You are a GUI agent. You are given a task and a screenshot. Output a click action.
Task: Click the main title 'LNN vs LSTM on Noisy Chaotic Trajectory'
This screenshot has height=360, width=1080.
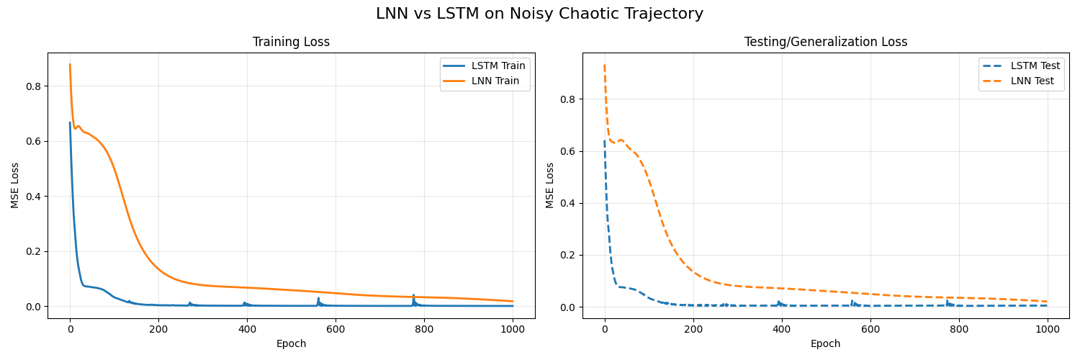(x=539, y=14)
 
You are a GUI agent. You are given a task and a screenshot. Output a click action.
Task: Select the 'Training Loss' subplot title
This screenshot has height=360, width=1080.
(x=291, y=42)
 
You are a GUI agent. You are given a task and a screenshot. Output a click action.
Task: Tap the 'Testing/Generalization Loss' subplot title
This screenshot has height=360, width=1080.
(x=825, y=42)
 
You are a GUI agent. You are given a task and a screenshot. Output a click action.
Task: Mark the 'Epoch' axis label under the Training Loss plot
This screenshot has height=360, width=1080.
(x=291, y=344)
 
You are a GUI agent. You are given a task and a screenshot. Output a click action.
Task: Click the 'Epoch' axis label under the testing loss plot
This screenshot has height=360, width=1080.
(x=825, y=344)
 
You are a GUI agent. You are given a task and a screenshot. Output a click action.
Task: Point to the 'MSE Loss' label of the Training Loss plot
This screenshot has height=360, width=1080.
(x=15, y=185)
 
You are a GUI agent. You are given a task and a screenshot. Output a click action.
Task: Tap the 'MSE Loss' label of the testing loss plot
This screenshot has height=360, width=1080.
(x=550, y=185)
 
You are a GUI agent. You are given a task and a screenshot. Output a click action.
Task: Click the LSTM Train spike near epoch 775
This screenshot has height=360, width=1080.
(x=413, y=295)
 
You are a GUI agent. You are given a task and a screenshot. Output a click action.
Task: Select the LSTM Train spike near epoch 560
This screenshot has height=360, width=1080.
(x=318, y=298)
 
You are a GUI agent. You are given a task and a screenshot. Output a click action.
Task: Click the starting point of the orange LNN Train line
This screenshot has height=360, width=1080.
(x=70, y=64)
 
